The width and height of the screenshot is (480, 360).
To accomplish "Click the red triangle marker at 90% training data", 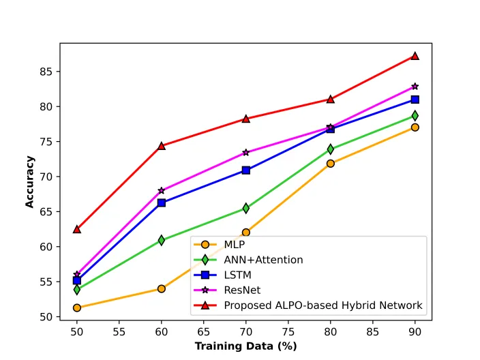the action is click(415, 56).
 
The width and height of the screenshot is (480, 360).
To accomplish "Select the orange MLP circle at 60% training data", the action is click(162, 288).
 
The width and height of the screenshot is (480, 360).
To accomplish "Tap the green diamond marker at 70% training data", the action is click(246, 208).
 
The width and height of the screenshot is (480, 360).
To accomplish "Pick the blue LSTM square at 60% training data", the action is click(162, 202).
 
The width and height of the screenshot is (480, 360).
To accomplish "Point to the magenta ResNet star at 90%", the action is click(415, 87).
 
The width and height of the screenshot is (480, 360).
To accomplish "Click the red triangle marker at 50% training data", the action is click(77, 229).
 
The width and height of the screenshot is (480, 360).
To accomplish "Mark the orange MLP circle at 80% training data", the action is click(330, 164).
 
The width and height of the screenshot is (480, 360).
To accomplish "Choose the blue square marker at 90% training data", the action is click(415, 100).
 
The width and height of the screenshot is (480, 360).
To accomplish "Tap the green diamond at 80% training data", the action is click(330, 149).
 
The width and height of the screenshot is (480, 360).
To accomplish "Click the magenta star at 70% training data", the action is click(246, 153).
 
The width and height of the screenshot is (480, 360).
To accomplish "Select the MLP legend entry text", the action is click(235, 245).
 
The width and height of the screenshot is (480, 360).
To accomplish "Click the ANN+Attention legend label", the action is click(264, 260).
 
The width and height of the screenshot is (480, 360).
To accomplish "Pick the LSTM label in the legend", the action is click(237, 275).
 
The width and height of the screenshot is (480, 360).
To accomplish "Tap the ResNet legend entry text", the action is click(242, 290).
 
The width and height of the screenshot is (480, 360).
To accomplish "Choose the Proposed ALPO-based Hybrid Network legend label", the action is click(323, 305).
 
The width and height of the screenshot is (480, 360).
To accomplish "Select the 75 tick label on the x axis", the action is click(288, 332).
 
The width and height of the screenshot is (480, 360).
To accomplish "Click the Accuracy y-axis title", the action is click(30, 182).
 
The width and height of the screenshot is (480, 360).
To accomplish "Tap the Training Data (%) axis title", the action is click(246, 346).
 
